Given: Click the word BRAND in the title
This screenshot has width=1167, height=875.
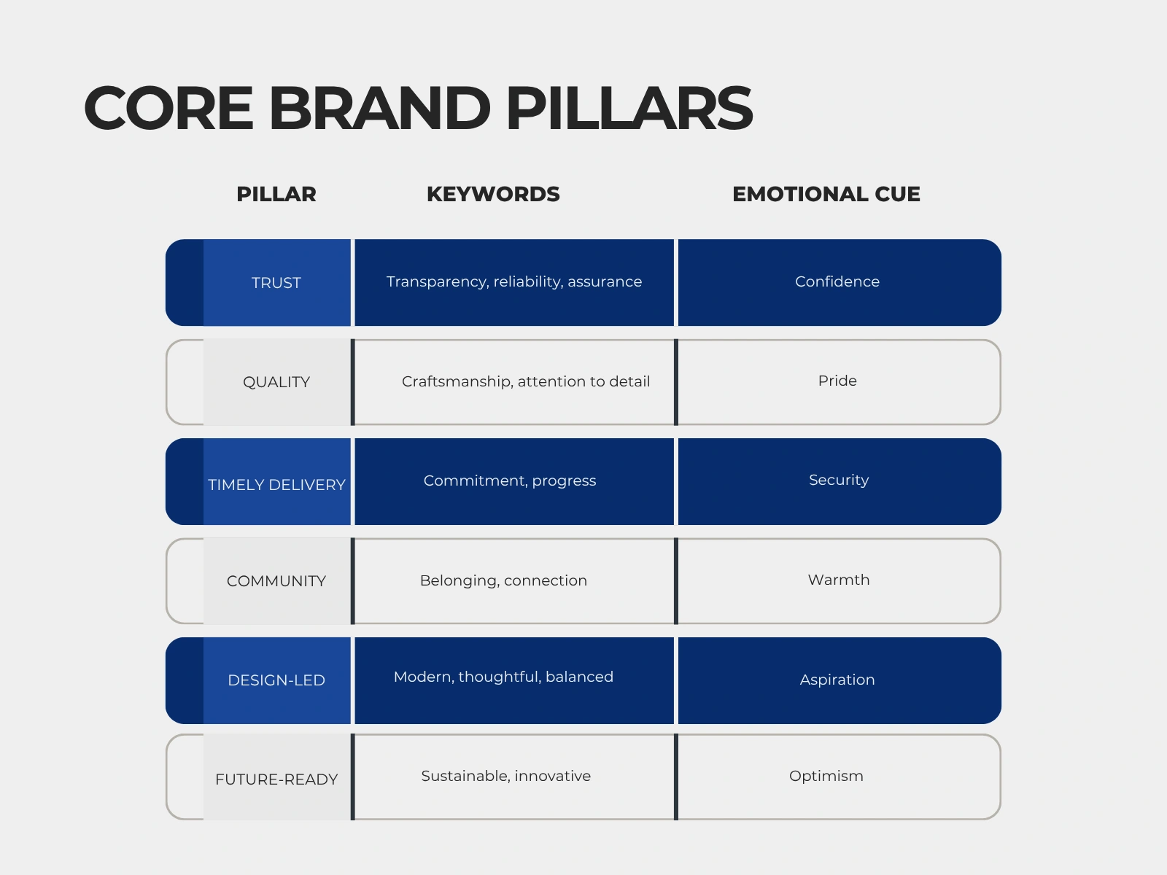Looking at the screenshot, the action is click(x=379, y=109).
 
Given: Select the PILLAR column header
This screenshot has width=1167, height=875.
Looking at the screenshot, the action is click(x=276, y=195).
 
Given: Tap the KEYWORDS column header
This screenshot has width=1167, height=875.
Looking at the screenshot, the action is click(x=493, y=195).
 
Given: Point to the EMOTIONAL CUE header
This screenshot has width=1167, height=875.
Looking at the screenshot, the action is click(x=826, y=195).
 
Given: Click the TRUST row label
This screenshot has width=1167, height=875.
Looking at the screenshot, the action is click(x=276, y=283).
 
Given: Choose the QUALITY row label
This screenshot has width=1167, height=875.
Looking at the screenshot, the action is click(x=276, y=382).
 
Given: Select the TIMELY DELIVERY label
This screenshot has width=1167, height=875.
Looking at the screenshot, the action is click(x=276, y=484).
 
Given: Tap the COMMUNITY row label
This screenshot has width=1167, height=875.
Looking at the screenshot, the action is click(x=276, y=580).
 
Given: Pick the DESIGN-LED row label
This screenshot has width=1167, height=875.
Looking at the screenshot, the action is click(x=276, y=680).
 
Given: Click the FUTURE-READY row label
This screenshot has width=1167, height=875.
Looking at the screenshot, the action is click(x=276, y=779).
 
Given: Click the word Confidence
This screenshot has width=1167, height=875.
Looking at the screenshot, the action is click(x=837, y=281).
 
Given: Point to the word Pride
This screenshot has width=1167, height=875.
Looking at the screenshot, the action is click(x=837, y=381).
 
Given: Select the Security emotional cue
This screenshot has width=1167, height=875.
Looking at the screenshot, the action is click(x=839, y=481).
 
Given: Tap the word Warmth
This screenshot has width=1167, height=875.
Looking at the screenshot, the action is click(x=839, y=580).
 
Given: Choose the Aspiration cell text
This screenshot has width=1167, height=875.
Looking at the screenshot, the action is click(x=837, y=680).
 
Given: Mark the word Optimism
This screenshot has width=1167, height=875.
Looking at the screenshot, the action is click(x=826, y=776).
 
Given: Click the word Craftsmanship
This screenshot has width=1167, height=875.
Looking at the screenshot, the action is click(x=457, y=382).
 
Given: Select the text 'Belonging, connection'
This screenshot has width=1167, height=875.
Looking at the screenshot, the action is click(x=503, y=580).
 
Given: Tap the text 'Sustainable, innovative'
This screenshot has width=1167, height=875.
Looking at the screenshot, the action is click(x=505, y=776).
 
